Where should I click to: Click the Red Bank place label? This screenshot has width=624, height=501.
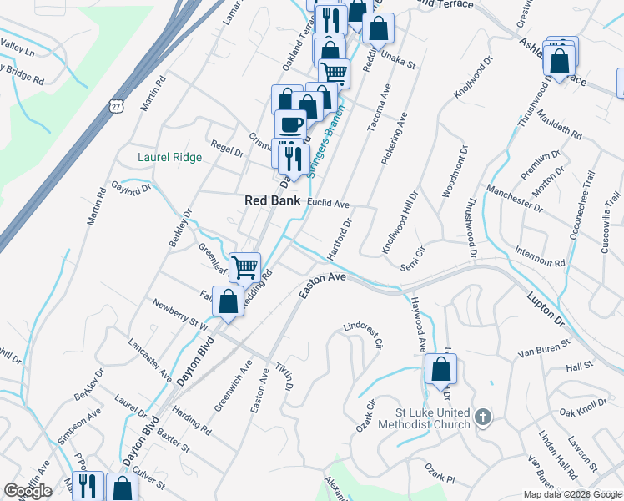pyautogui.click(x=267, y=200)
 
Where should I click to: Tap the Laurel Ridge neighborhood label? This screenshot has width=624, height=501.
pyautogui.click(x=169, y=157)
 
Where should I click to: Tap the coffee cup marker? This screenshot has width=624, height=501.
pyautogui.click(x=290, y=125)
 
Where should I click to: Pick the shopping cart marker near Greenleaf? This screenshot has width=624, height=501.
pyautogui.click(x=244, y=268)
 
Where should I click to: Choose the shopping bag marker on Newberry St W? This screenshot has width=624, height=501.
pyautogui.click(x=228, y=301)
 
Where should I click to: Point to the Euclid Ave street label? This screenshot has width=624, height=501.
pyautogui.click(x=328, y=203)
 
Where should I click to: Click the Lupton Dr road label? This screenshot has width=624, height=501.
pyautogui.click(x=546, y=308)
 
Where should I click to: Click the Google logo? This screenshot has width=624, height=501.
pyautogui.click(x=28, y=491)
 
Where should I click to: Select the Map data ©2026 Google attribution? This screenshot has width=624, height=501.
pyautogui.click(x=572, y=494)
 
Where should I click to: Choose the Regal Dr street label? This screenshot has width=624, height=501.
pyautogui.click(x=226, y=149)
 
